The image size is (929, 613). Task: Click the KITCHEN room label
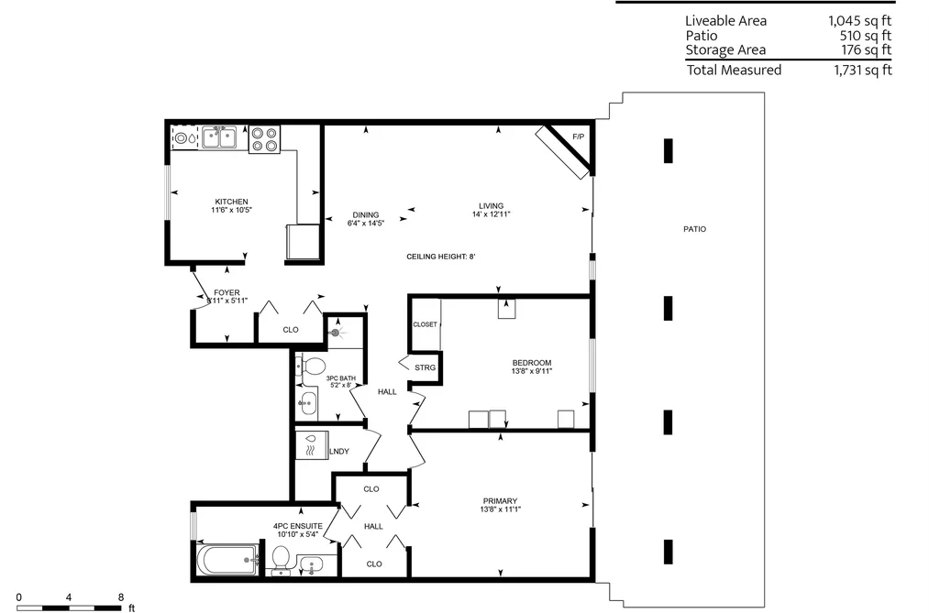pos(231,202)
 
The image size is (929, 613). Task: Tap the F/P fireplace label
pos(579,137)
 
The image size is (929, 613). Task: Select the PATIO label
pos(694,229)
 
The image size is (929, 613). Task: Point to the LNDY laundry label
pos(339,452)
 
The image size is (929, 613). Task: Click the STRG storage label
pos(425,367)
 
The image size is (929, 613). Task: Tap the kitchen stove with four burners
pos(264,139)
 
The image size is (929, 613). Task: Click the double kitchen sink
pos(218,137)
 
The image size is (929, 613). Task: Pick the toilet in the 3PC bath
pos(311,365)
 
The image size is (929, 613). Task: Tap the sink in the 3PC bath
pos(306,403)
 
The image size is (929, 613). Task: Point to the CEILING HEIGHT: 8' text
pos(441,257)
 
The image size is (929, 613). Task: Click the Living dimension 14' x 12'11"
pos(492,214)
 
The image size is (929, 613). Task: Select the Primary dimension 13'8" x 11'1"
pos(501,509)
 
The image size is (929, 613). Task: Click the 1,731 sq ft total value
pos(863,71)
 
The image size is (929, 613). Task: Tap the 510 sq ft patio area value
pos(865,36)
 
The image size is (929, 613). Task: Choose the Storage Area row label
pos(725,49)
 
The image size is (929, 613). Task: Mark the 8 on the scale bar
pos(121,597)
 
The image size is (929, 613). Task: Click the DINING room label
pos(366,214)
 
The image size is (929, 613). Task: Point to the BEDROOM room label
pos(532,363)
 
